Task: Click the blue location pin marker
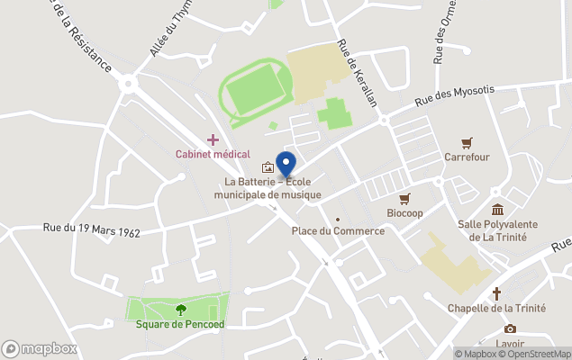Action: click(x=286, y=165)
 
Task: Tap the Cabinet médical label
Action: click(x=213, y=154)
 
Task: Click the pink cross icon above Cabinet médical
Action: click(x=213, y=139)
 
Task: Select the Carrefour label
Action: click(x=467, y=157)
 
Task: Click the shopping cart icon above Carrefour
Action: click(x=467, y=142)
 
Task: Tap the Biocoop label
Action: click(x=404, y=213)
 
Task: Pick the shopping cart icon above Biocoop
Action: click(x=404, y=199)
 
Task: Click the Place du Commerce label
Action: click(x=338, y=231)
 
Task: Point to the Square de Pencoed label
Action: click(x=180, y=324)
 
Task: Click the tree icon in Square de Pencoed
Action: click(x=180, y=310)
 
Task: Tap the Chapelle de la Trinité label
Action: click(x=496, y=308)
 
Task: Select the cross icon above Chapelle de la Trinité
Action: click(x=496, y=293)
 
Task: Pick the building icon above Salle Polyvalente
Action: click(x=497, y=210)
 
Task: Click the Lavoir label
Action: click(x=510, y=343)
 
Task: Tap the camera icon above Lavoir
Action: click(x=510, y=328)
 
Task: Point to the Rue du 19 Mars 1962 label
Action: click(x=92, y=230)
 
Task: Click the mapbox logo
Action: click(x=40, y=348)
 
